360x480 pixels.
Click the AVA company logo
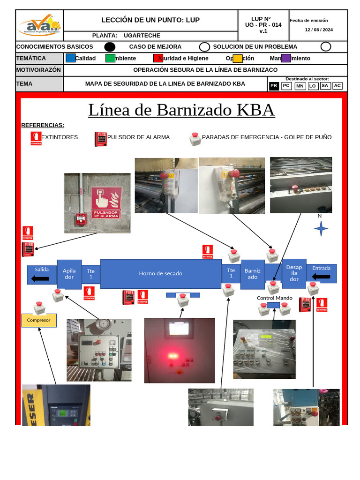(39, 26)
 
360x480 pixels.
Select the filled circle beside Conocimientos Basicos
(109, 46)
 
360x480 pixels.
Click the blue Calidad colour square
(70, 58)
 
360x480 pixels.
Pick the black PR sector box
(274, 86)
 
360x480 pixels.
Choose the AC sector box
(337, 86)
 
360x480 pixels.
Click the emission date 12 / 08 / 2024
(319, 30)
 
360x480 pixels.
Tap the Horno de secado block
(161, 273)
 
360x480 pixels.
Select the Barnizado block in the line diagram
(252, 274)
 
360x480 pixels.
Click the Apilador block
(69, 274)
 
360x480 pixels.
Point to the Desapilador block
(294, 273)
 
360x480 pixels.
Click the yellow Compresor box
(39, 320)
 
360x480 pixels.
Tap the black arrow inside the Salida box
(41, 279)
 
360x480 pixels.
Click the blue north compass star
(321, 229)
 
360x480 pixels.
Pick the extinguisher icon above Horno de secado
(207, 252)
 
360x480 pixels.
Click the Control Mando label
(275, 298)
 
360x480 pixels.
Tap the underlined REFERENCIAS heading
(43, 125)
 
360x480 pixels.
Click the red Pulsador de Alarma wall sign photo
(106, 202)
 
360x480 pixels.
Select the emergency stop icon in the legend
(195, 139)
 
